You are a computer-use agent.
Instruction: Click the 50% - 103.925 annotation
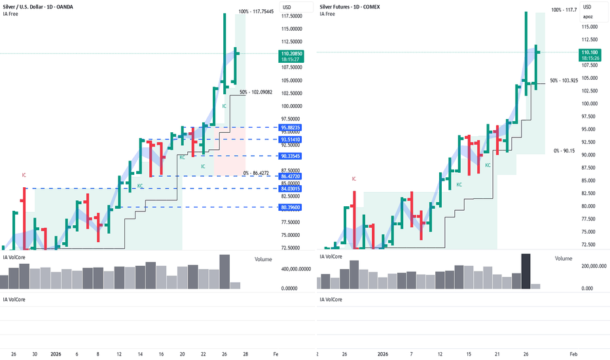click(x=564, y=81)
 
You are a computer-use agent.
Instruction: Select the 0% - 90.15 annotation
click(x=564, y=151)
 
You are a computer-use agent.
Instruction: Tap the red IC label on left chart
click(x=24, y=175)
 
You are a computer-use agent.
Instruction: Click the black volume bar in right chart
click(x=526, y=271)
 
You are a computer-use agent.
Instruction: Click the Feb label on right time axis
click(x=573, y=353)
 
